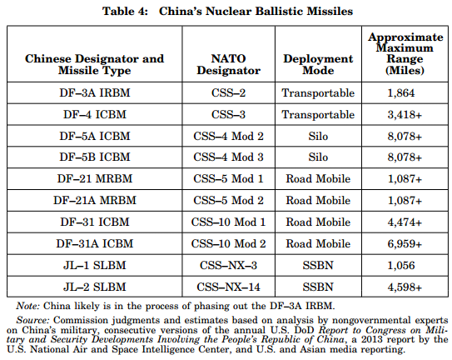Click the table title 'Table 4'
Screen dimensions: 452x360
click(125, 12)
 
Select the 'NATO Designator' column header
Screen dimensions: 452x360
click(228, 64)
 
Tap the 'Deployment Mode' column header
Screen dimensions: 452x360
click(318, 64)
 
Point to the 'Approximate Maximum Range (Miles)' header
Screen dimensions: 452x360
click(405, 53)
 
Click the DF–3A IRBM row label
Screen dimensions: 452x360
click(95, 92)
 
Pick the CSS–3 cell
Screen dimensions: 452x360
click(228, 114)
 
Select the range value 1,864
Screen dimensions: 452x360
click(401, 92)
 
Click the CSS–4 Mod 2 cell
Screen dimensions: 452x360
click(228, 136)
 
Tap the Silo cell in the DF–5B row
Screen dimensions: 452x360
click(318, 157)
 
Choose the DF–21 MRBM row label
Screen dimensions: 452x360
click(95, 178)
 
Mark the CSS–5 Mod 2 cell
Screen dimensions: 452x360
click(228, 200)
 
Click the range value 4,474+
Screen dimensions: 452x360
click(405, 222)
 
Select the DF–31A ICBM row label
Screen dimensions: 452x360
click(95, 243)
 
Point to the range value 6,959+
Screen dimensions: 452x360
click(405, 243)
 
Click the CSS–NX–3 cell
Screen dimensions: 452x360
click(228, 265)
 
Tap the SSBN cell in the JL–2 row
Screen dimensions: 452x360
click(318, 287)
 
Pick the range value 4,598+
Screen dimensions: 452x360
click(405, 287)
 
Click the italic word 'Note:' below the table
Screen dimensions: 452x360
click(27, 306)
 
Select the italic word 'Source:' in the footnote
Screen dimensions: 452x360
click(33, 320)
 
